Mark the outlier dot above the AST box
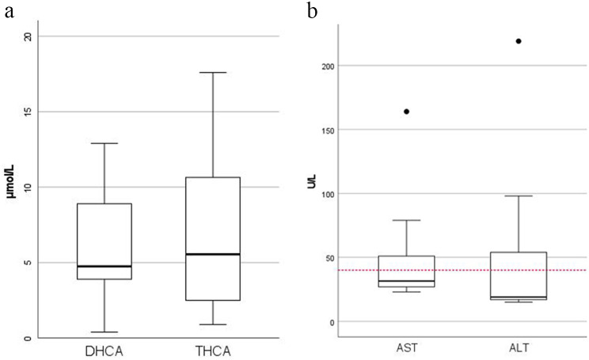click(x=406, y=112)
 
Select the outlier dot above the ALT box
click(x=519, y=41)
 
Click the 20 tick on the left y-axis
click(x=28, y=36)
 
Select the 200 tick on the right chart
click(x=325, y=66)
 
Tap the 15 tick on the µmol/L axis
click(x=28, y=112)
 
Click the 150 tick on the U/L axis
click(x=325, y=130)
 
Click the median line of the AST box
click(x=406, y=281)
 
